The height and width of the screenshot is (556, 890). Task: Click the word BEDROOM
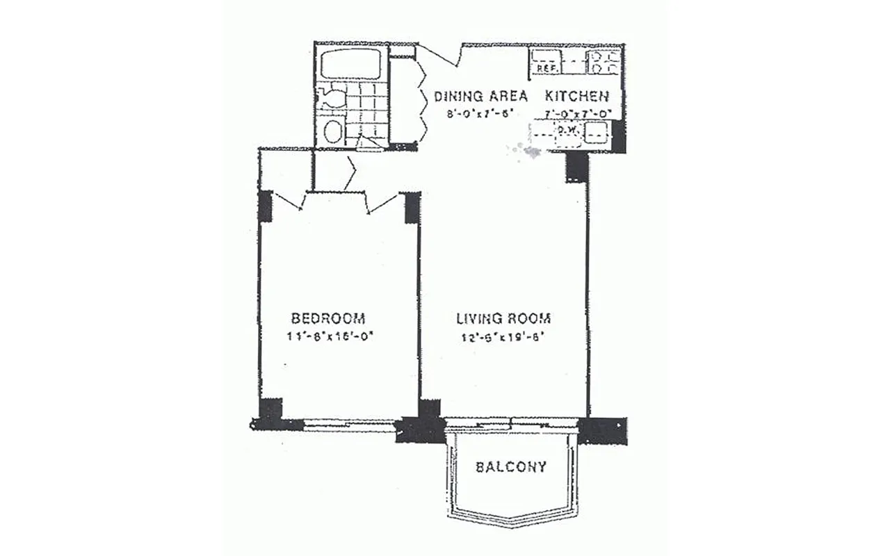coord(328,318)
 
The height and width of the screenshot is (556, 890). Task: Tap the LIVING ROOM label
coord(503,318)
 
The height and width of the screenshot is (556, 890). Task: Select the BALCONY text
coord(511,466)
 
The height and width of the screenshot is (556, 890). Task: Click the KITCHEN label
coord(577,96)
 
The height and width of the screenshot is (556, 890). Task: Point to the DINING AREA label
coord(480,96)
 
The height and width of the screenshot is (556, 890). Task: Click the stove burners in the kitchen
coord(604,62)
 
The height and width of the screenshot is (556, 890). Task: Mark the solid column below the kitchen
coord(576,167)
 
